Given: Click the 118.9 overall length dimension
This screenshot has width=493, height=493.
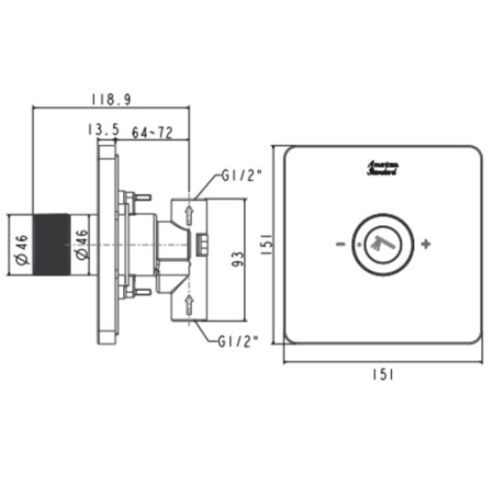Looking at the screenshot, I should point(110,99).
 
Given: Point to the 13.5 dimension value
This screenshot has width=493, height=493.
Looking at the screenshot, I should point(103,130).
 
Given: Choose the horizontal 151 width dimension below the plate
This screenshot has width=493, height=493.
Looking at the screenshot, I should point(382,374).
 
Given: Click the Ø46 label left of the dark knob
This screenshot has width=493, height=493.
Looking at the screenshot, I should point(22,247).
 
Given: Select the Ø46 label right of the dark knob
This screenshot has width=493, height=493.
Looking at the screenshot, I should point(81,247).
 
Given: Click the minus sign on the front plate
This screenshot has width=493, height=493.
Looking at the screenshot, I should point(338,245).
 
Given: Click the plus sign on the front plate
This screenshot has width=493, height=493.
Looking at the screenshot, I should point(425,244).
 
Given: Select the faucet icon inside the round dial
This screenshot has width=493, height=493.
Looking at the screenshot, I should point(380,243).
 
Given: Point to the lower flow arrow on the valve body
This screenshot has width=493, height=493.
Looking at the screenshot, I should point(189,306).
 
